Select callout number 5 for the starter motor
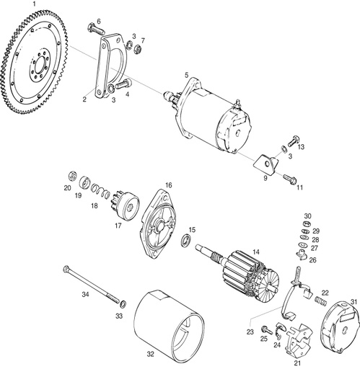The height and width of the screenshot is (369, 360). [186, 75]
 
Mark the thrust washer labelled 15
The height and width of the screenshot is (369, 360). [188, 240]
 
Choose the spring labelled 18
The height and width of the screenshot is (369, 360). [104, 193]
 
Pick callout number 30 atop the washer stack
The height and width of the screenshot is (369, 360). [307, 215]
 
